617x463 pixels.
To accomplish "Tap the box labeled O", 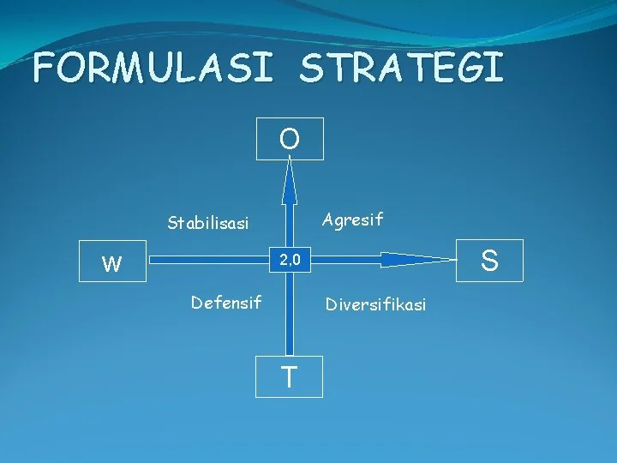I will [291, 139].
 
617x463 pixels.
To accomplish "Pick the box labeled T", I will [290, 376].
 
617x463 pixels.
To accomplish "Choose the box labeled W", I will [112, 263].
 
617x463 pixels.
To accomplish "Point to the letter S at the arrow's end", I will [489, 260].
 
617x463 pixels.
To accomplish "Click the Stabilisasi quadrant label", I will [208, 224].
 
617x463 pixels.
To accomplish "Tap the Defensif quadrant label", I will [226, 302].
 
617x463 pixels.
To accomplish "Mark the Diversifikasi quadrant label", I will [374, 304].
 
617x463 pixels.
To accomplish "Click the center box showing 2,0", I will [289, 260].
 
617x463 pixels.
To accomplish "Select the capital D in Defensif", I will [197, 302].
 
